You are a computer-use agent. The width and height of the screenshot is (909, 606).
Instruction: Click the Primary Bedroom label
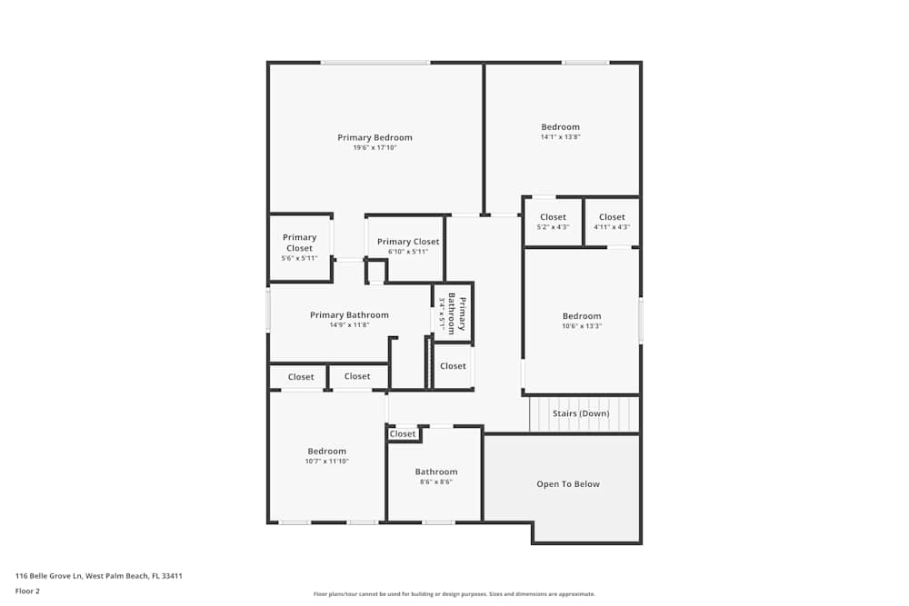click(375, 137)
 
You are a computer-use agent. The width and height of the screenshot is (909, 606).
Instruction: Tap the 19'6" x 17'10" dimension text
click(375, 148)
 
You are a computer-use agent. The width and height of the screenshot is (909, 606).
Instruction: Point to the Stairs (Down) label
click(581, 413)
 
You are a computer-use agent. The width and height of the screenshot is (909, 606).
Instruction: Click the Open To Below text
click(568, 483)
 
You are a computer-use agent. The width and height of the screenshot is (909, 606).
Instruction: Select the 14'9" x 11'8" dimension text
click(350, 325)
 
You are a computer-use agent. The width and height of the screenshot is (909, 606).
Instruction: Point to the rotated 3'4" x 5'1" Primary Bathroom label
click(452, 315)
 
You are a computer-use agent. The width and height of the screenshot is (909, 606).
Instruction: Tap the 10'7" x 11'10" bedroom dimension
click(327, 462)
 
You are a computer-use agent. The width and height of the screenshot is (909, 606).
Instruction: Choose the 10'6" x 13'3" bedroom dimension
click(582, 326)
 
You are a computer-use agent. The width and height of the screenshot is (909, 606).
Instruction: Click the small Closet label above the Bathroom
click(403, 434)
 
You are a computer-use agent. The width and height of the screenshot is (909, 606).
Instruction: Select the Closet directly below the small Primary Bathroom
click(453, 366)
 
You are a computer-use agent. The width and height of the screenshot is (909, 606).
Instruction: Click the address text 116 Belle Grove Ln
click(49, 576)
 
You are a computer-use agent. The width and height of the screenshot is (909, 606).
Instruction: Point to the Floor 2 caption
click(27, 591)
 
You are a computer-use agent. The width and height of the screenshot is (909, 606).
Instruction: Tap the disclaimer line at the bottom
click(454, 594)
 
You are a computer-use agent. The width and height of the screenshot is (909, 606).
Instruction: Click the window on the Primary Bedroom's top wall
click(375, 63)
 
